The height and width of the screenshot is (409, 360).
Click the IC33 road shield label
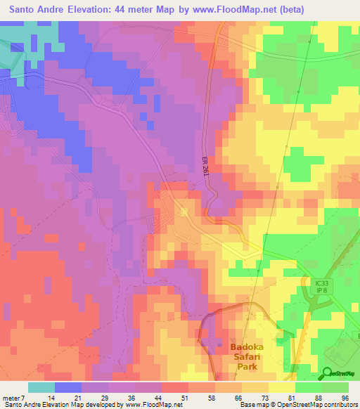321,283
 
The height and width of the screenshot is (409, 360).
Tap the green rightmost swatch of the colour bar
335,388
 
